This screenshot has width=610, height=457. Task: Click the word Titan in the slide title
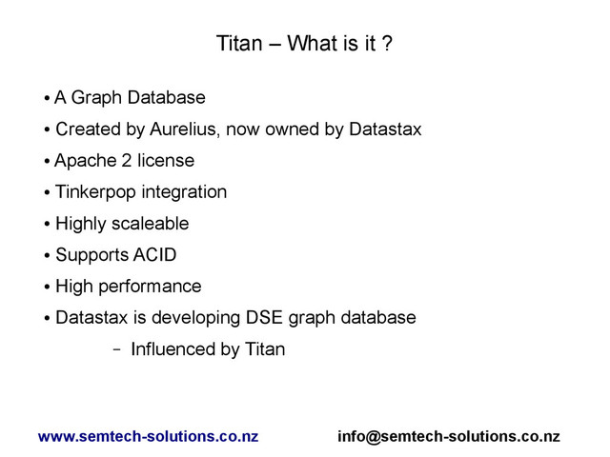click(237, 44)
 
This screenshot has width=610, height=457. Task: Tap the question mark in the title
click(387, 44)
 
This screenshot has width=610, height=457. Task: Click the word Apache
click(82, 160)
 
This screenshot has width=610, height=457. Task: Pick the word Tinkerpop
click(95, 192)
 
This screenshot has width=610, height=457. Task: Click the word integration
click(184, 192)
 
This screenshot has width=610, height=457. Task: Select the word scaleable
click(153, 224)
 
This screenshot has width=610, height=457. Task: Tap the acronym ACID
click(153, 255)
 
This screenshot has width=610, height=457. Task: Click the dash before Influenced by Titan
click(115, 349)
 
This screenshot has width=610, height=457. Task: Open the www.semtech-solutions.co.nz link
click(148, 437)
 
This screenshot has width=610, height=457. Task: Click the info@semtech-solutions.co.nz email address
click(449, 437)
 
